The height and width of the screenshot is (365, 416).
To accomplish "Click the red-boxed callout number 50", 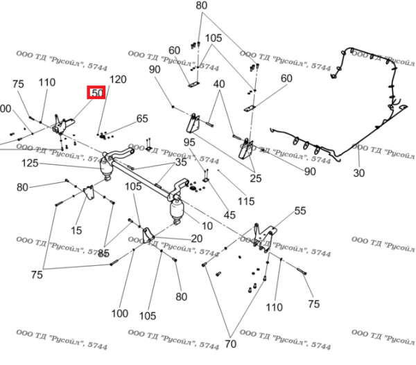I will tap(96, 92).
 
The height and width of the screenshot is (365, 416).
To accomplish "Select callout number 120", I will tap(119, 80).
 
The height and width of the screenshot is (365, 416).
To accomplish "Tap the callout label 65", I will tap(142, 118).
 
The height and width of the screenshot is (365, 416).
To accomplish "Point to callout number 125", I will tap(30, 163).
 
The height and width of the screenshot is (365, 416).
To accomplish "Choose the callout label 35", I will tap(180, 163).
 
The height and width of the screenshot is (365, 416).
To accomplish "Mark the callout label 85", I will tap(103, 253).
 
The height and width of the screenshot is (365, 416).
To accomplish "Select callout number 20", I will tap(197, 238).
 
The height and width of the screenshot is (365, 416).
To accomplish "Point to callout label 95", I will tap(189, 142).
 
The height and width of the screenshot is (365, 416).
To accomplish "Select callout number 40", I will tap(220, 84).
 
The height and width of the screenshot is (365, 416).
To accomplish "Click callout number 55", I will tap(300, 211).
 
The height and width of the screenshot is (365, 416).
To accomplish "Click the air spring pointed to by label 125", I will tap(108, 168).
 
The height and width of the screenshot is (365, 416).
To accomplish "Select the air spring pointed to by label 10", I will tap(177, 209).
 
